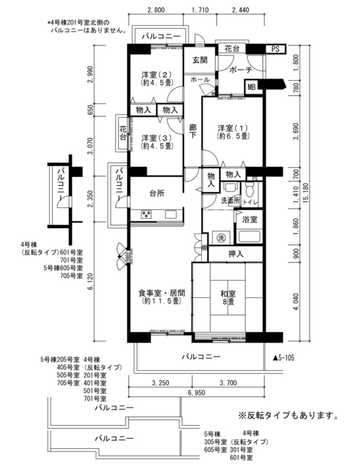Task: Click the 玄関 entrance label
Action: click(x=199, y=60)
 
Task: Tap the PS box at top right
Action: click(x=276, y=49)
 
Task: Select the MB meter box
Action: click(x=252, y=87)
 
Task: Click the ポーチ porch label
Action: click(x=241, y=70)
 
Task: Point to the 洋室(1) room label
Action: click(x=233, y=132)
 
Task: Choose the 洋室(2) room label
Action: click(x=157, y=79)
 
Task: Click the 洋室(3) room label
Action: click(x=157, y=142)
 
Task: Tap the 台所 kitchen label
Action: click(x=157, y=193)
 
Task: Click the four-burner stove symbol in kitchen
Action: click(x=146, y=214)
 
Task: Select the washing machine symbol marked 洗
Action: click(x=221, y=238)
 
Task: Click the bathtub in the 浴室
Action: click(x=249, y=237)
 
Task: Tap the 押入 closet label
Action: click(x=236, y=254)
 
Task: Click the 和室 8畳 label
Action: click(x=228, y=297)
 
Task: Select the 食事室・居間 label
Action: click(x=162, y=297)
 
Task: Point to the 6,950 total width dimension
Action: click(x=196, y=392)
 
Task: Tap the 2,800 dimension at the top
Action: click(x=156, y=10)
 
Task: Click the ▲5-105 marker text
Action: click(x=283, y=358)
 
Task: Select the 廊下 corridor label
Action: click(x=193, y=131)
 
